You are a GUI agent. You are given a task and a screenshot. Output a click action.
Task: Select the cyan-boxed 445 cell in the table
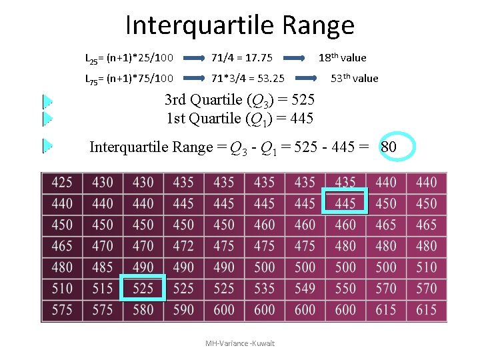click(x=345, y=203)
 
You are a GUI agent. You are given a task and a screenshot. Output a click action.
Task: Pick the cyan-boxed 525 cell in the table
click(x=143, y=288)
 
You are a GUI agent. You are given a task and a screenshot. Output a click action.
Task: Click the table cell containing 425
click(x=62, y=181)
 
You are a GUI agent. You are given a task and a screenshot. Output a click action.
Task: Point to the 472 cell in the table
click(x=183, y=245)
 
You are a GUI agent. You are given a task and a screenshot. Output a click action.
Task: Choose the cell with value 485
click(x=103, y=267)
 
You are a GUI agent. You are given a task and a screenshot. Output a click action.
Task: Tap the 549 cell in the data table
click(x=305, y=288)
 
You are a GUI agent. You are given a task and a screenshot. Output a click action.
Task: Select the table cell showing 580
click(x=143, y=309)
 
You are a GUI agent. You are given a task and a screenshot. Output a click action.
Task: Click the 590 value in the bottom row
click(x=183, y=309)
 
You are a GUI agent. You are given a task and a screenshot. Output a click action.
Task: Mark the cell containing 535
click(x=264, y=288)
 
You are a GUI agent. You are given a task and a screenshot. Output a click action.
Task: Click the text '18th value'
click(x=342, y=57)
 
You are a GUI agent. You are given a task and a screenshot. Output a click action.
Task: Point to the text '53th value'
click(x=355, y=78)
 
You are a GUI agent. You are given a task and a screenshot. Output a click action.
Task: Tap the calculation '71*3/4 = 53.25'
click(x=249, y=79)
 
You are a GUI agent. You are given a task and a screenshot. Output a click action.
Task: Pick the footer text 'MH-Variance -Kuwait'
click(x=240, y=343)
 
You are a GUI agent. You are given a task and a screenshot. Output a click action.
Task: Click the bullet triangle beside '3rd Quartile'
click(x=47, y=101)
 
